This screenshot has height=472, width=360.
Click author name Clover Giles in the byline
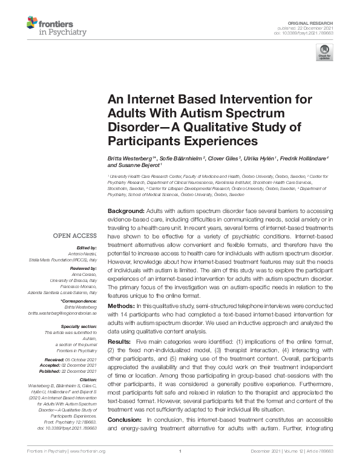(x=220, y=158)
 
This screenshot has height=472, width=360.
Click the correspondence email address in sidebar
(x=68, y=313)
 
